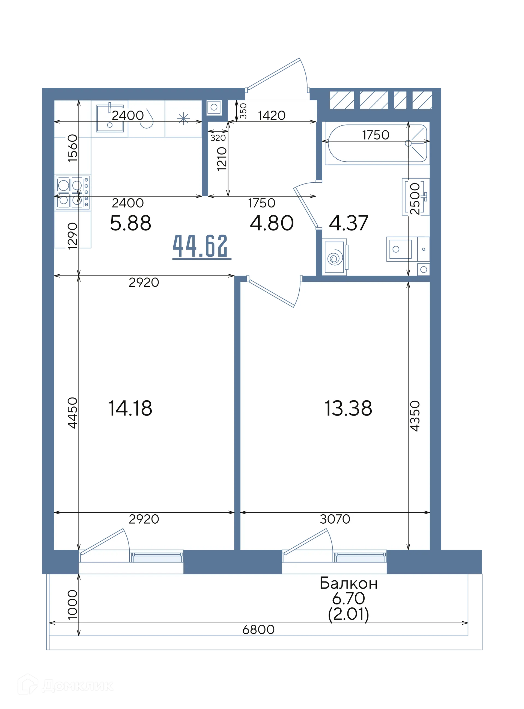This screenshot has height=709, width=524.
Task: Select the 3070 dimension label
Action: click(x=335, y=519)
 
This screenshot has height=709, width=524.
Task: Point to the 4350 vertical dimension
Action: click(x=415, y=416)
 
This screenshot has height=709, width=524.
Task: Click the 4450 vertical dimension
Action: click(x=72, y=413)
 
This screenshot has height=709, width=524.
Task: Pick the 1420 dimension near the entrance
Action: click(x=272, y=115)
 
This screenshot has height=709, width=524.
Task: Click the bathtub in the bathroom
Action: click(x=377, y=143)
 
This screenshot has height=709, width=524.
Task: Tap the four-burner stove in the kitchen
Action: click(x=73, y=192)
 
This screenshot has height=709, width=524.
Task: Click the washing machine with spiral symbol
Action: click(x=335, y=258)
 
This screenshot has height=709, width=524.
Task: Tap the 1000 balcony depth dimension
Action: click(x=72, y=605)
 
